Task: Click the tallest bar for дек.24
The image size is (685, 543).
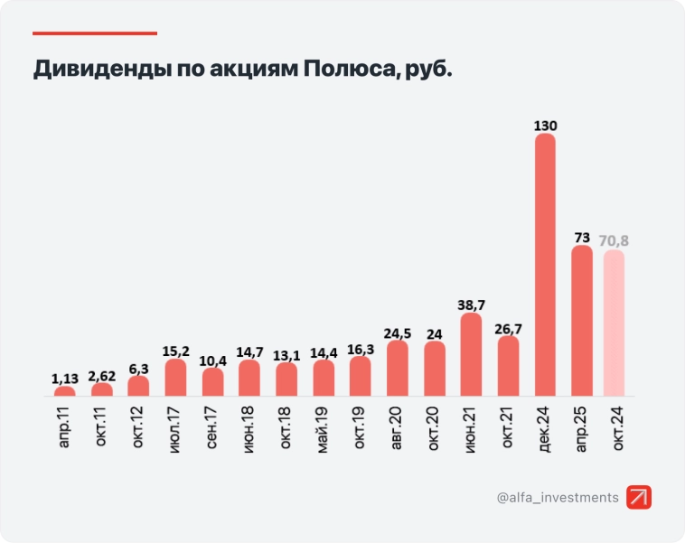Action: (545, 265)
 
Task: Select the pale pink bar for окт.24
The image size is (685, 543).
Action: (614, 323)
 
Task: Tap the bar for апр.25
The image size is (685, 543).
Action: (582, 321)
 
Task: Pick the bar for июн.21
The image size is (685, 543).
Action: (471, 355)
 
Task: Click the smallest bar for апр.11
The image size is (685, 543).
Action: (65, 391)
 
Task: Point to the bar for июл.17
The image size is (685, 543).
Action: (175, 378)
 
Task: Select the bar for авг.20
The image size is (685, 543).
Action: (397, 369)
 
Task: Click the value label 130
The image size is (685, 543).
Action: (545, 125)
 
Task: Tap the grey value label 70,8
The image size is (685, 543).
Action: (614, 239)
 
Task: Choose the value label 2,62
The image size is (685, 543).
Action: (101, 374)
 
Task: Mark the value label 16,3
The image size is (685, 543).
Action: (361, 348)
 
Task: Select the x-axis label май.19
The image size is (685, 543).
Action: (324, 427)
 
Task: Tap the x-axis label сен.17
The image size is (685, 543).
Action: (212, 427)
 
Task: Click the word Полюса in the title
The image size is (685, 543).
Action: (345, 70)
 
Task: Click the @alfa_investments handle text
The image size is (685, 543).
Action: (558, 498)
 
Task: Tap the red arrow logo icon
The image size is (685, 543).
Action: (639, 497)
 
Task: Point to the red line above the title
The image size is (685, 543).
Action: (95, 33)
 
